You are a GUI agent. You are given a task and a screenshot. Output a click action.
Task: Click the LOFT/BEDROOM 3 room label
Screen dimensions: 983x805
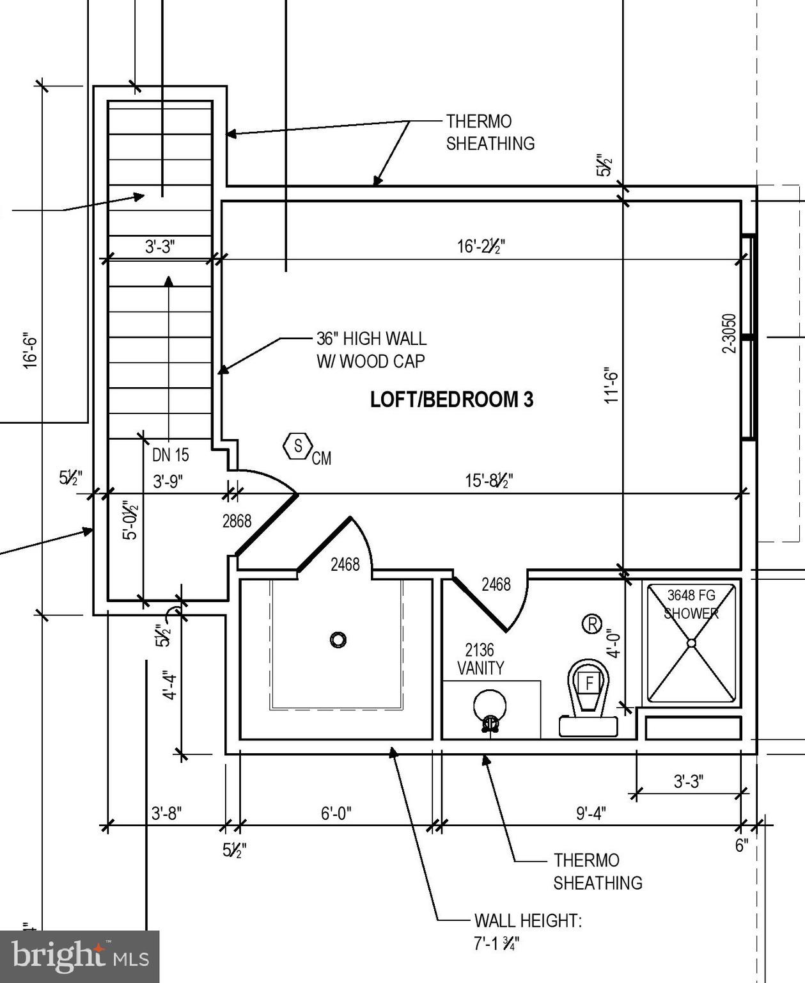(451, 399)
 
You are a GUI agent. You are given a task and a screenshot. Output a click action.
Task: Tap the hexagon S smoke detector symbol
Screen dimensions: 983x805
(297, 446)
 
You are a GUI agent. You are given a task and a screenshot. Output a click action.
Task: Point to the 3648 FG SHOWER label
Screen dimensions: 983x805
(691, 604)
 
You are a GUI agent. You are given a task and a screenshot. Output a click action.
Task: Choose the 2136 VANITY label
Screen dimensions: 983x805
(480, 659)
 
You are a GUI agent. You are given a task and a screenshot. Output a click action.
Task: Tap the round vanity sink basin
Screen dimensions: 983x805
(490, 707)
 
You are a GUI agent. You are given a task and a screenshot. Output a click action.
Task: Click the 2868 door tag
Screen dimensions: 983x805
(237, 522)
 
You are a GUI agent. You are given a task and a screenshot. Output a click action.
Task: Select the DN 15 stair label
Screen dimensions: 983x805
(170, 455)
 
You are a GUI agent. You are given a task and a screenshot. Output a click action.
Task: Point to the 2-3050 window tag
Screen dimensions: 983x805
(729, 333)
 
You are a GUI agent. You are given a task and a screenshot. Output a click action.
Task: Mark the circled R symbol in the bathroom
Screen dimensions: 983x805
(592, 623)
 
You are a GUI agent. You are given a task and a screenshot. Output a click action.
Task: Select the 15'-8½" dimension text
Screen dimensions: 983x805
(488, 480)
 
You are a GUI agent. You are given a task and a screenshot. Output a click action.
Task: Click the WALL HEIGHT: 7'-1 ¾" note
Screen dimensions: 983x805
(528, 932)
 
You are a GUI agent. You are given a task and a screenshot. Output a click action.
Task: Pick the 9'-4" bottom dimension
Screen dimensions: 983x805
(591, 813)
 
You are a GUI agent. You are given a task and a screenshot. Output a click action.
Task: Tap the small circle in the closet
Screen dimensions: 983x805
(338, 639)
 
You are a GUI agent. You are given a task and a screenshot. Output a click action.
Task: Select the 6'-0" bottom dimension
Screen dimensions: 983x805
(336, 813)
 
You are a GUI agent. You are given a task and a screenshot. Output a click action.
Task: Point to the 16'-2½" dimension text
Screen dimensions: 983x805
(481, 246)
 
